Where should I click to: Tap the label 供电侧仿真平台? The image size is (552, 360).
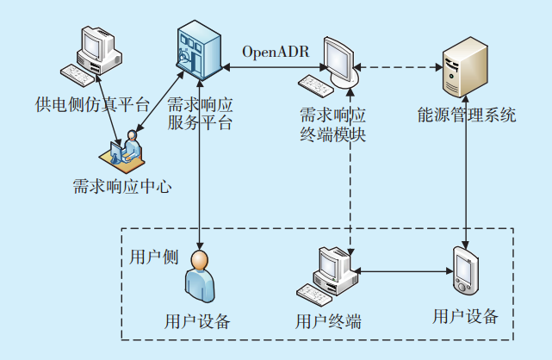93,105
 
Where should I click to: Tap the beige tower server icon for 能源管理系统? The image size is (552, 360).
461,71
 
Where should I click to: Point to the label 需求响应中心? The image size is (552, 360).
122,185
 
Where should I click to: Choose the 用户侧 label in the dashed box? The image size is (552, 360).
153,257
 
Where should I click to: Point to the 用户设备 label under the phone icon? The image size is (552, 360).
465,316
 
